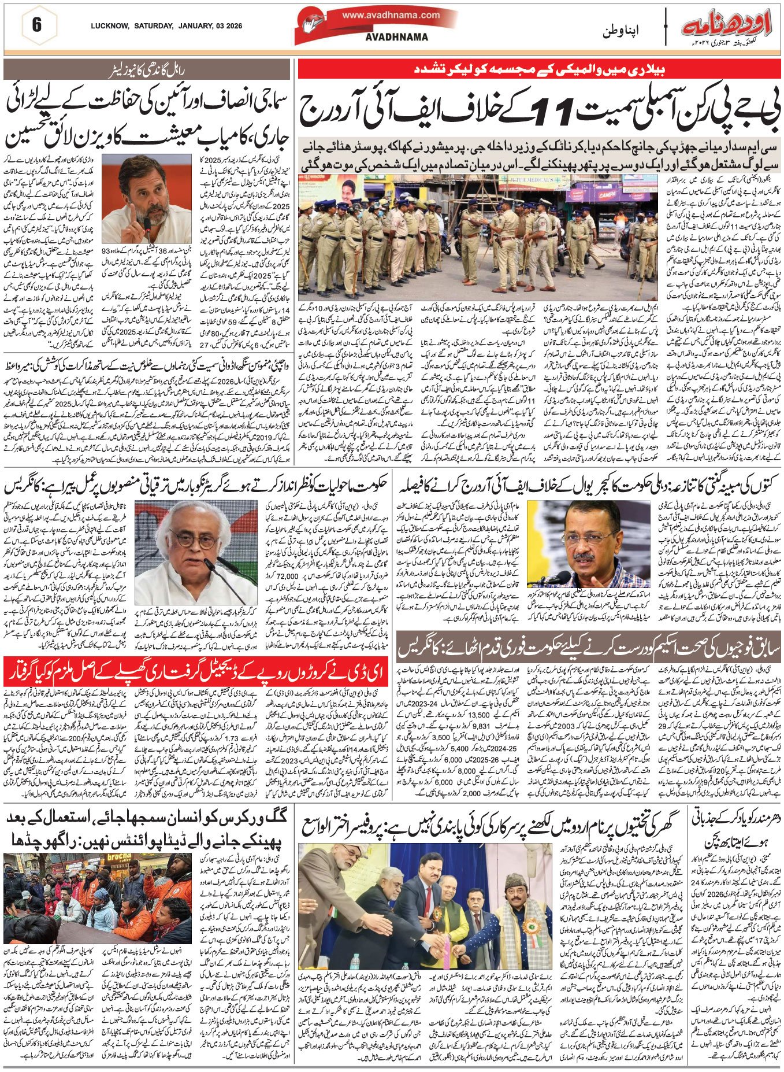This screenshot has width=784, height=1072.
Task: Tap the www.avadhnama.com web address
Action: tap(391, 16)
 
